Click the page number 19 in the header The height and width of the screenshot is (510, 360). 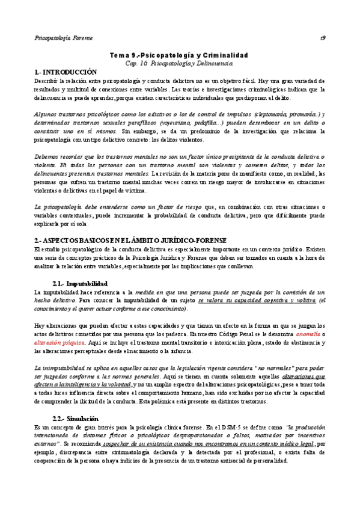click(x=323, y=37)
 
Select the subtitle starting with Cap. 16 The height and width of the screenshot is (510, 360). click(x=180, y=63)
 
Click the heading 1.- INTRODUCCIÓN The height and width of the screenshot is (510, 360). click(x=66, y=72)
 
